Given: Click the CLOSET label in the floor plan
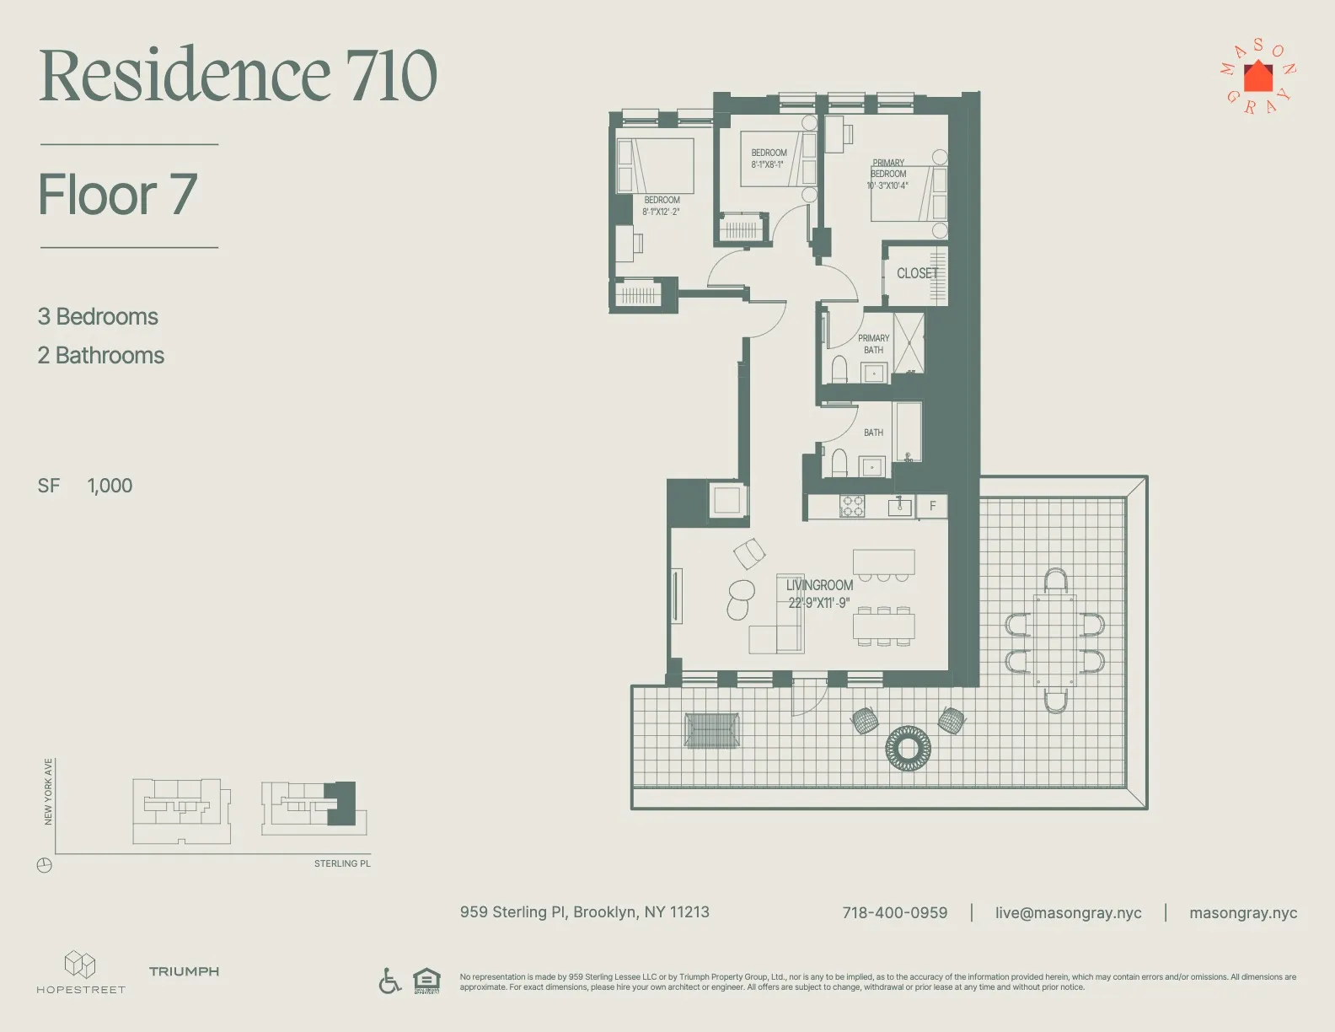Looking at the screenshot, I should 917,273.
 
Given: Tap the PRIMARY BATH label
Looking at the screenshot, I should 873,344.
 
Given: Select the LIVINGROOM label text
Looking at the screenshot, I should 819,585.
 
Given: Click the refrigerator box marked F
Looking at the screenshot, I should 932,506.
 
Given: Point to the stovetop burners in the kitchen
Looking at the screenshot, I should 852,506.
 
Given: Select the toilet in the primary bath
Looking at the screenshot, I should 839,369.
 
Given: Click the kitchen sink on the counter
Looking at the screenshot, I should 899,507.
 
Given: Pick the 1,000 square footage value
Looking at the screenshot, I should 110,486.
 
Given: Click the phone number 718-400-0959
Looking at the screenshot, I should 894,912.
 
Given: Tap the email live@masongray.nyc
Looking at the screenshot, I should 1068,912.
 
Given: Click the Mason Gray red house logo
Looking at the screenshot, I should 1258,77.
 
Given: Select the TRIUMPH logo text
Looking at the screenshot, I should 184,971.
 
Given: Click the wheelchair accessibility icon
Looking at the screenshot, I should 389,981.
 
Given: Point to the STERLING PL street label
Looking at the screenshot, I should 342,863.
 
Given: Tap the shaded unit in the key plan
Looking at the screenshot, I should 342,802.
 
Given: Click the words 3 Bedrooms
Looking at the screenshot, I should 98,317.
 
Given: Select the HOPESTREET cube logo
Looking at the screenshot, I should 80,964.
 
